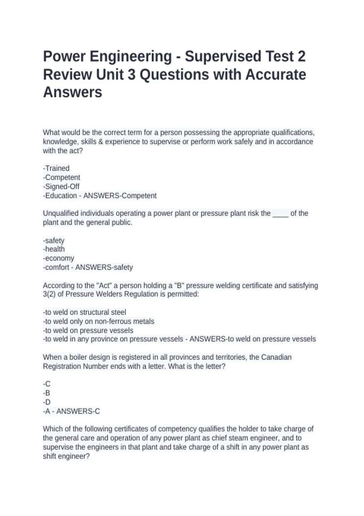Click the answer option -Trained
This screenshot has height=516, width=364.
tap(56, 168)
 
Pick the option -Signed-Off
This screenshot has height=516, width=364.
tap(61, 186)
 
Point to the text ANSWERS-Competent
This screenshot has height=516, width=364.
tap(120, 195)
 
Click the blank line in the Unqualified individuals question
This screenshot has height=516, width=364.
tap(280, 214)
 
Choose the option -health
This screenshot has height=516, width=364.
tap(54, 249)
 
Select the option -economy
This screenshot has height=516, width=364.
tap(59, 258)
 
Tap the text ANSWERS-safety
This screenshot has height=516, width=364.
tap(104, 267)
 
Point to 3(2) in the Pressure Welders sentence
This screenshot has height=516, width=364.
tap(49, 294)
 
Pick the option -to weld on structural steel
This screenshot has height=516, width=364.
tap(85, 312)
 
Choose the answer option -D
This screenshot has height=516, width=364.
tap(47, 402)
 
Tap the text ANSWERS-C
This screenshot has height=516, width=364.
tap(78, 411)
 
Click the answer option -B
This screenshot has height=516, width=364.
tap(47, 393)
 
